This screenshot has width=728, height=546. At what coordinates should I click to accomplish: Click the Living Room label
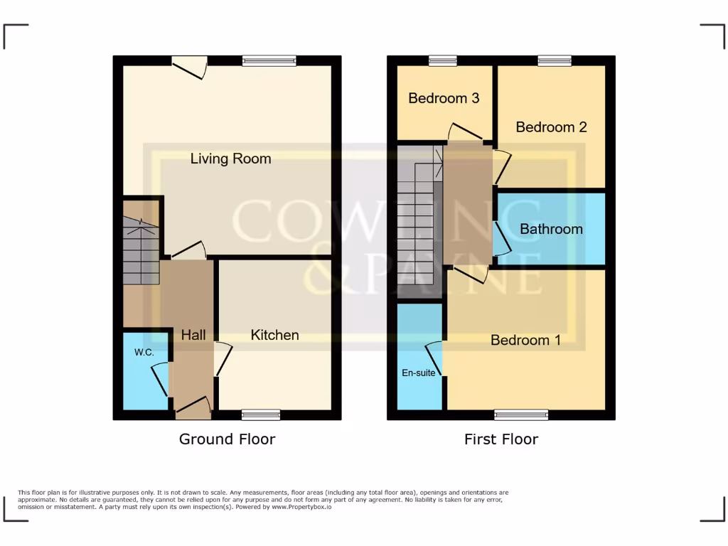tap(230, 159)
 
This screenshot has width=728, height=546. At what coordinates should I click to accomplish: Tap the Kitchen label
tap(274, 335)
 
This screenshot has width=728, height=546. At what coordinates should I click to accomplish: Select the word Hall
tap(193, 335)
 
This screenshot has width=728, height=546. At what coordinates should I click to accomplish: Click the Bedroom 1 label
tap(525, 341)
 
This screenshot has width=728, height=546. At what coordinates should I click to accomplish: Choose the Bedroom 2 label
tap(551, 127)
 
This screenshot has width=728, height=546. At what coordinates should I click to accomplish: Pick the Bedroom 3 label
tap(444, 98)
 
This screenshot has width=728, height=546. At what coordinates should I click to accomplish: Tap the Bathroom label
tap(551, 229)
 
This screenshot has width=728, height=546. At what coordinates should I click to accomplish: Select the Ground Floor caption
tap(227, 439)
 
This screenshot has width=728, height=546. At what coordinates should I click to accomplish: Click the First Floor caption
tap(501, 439)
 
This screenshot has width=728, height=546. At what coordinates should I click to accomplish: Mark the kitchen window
tap(261, 414)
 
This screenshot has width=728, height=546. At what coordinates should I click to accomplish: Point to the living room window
tap(269, 61)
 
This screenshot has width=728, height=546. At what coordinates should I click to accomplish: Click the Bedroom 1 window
tap(521, 414)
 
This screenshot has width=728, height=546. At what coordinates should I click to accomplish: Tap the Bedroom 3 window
tap(442, 61)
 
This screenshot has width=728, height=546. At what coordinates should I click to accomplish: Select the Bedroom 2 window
tap(554, 61)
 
